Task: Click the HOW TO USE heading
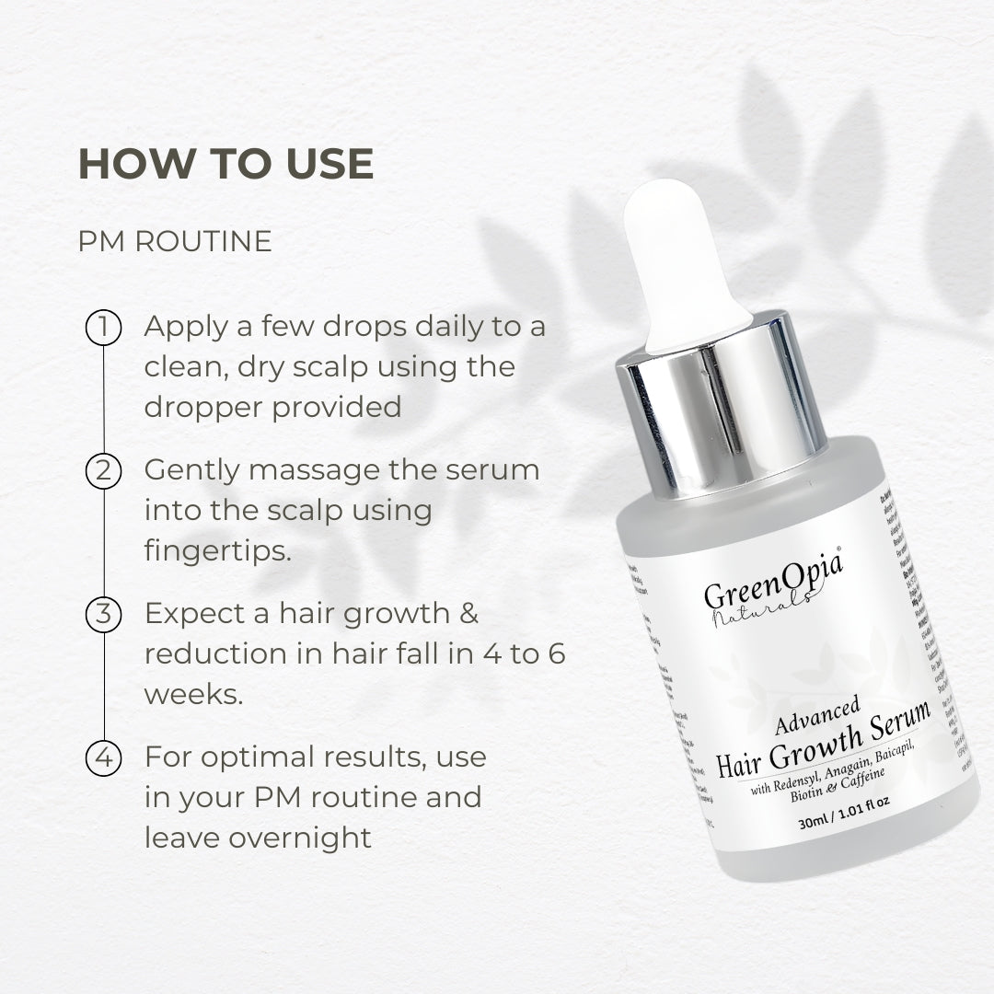coord(225,164)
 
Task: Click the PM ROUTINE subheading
coord(175,241)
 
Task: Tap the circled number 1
coord(104,328)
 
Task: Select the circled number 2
coord(104,470)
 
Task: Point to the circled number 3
coord(104,614)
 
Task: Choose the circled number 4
coord(104,757)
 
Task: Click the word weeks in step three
coord(193,694)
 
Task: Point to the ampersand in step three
coord(467,613)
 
